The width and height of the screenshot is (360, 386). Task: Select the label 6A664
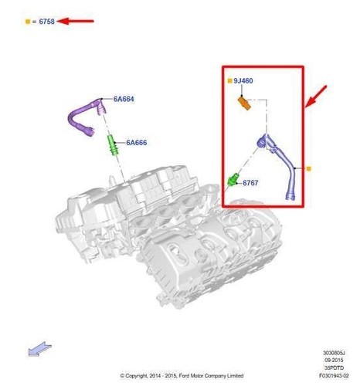pyautogui.click(x=124, y=99)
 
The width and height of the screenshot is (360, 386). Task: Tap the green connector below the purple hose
pyautogui.click(x=111, y=145)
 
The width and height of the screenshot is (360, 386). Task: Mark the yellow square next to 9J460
pyautogui.click(x=229, y=80)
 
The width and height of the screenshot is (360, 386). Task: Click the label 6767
pyautogui.click(x=250, y=184)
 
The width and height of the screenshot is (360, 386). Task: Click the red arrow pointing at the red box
pyautogui.click(x=317, y=97)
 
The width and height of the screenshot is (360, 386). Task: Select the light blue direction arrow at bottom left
pyautogui.click(x=37, y=350)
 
